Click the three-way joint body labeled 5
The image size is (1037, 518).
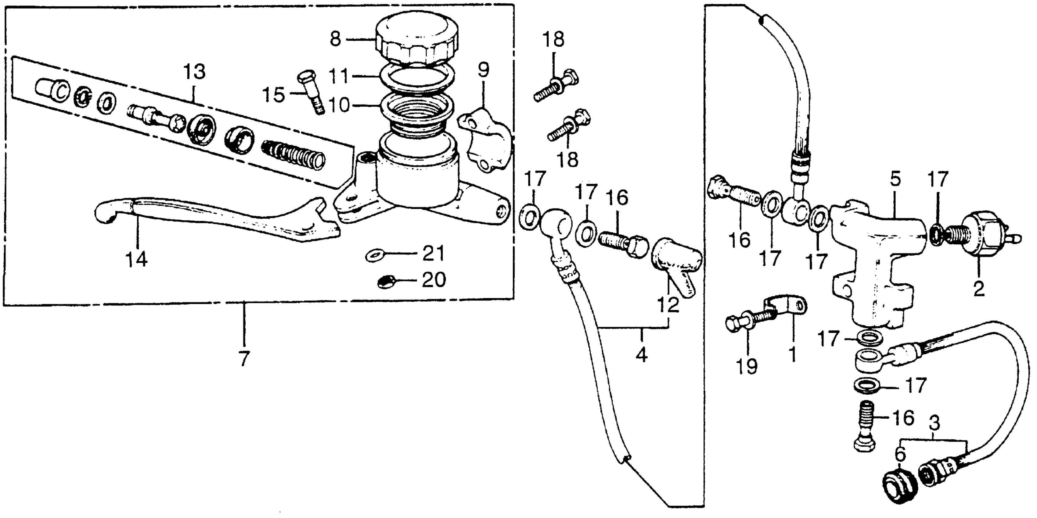pos(873,261)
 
